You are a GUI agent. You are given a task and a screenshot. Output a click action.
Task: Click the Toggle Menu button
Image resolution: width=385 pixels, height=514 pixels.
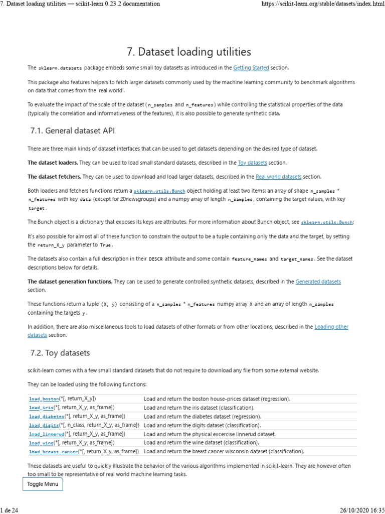[43, 484]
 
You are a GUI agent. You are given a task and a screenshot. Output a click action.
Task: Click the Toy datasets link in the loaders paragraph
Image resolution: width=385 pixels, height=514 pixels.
[252, 163]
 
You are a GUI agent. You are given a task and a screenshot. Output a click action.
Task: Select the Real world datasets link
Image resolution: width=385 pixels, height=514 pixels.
[278, 177]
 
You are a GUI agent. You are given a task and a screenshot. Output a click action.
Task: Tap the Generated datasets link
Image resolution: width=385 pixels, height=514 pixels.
[318, 282]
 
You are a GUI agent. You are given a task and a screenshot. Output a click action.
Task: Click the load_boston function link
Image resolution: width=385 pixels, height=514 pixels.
[44, 399]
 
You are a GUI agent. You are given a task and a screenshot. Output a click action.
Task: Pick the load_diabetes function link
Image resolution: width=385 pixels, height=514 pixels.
[47, 417]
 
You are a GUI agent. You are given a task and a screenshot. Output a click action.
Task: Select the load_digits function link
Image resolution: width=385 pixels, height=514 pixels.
[44, 425]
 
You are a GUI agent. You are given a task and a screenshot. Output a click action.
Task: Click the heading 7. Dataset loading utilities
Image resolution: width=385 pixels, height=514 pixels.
[192, 52]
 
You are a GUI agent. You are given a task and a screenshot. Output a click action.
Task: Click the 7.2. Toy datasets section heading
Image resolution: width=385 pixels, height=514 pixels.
[60, 353]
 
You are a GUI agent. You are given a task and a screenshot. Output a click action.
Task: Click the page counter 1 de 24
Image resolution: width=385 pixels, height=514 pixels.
[10, 510]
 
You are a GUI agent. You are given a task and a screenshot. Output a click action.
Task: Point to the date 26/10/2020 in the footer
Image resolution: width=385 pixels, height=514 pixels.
[352, 510]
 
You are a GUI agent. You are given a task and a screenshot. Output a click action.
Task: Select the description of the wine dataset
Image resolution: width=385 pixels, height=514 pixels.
[201, 443]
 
